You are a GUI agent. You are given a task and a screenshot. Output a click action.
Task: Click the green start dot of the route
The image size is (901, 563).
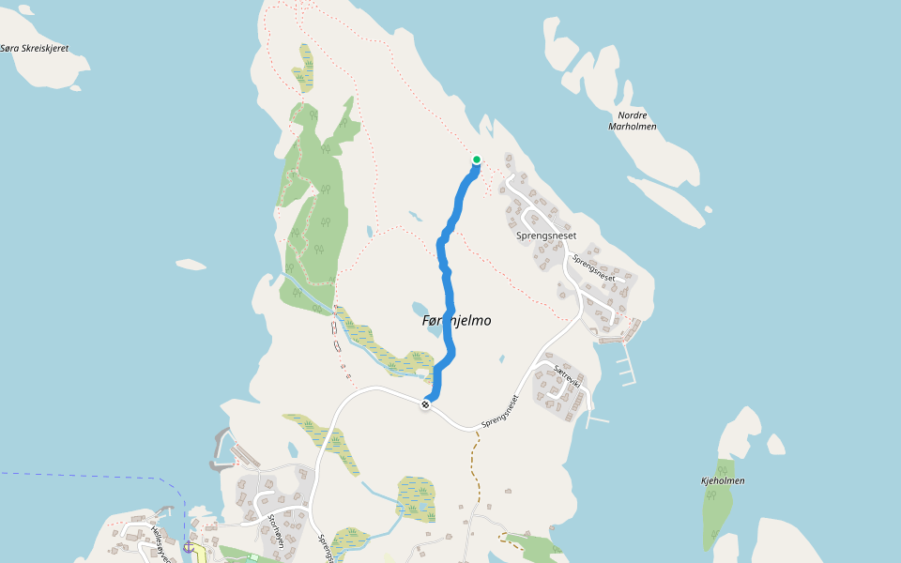(477, 160)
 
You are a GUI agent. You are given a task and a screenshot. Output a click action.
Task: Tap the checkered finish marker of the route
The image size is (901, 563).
(426, 404)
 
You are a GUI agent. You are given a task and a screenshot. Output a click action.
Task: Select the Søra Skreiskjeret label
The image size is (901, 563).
(35, 48)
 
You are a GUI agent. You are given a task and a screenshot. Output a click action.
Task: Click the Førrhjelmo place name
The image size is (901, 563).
(456, 321)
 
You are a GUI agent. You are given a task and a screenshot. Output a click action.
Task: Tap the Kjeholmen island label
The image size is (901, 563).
(723, 480)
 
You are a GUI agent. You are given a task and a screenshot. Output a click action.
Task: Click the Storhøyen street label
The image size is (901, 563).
(275, 530)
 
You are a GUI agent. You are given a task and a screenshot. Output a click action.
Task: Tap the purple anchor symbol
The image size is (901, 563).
(188, 545)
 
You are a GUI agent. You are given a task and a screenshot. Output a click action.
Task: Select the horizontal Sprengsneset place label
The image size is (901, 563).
(545, 236)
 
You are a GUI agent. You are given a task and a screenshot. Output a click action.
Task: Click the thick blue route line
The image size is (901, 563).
(446, 281)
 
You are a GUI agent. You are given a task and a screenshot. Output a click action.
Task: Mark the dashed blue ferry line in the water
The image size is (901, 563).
(94, 475)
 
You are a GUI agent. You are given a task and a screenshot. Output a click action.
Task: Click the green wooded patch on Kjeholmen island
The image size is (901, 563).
(718, 507)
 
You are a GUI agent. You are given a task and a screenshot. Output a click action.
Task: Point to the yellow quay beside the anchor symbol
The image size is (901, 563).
(200, 552)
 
